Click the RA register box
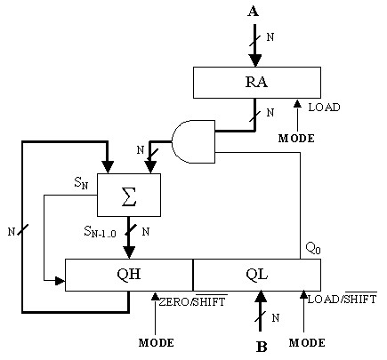coord(257,83)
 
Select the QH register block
coord(129,275)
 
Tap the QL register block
coord(257,275)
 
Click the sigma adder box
coord(129,195)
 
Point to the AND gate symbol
coord(194,141)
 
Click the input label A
coord(254,12)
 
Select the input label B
coord(262,347)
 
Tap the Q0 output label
coord(313,248)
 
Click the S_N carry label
coord(81,184)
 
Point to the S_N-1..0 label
coord(100,231)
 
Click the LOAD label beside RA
coord(324,107)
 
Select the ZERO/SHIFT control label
coord(193,301)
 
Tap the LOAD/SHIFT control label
coord(343,299)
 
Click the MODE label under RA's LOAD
coord(296,139)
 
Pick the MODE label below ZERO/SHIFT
coord(157,343)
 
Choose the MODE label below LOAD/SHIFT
coord(307,343)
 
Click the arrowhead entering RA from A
coord(255,60)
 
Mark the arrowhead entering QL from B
coord(261,297)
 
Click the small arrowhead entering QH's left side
coord(60,281)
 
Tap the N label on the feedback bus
coord(12,231)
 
